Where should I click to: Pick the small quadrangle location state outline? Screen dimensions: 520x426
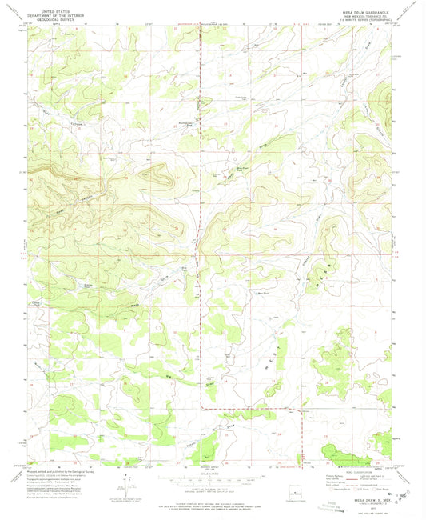click(x=292, y=490)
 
